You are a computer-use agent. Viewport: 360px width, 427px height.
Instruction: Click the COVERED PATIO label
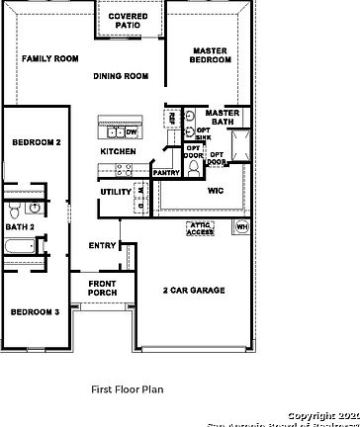129,22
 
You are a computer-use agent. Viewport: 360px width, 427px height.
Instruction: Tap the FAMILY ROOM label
49,59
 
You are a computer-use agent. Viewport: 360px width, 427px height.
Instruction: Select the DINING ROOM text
121,76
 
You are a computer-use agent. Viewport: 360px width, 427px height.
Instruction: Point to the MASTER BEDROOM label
211,55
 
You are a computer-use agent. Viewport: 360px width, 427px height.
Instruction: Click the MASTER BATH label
223,118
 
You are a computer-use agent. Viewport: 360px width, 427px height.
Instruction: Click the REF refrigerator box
172,118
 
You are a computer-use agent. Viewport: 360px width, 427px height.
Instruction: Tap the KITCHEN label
118,151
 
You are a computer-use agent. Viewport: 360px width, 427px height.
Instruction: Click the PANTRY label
166,173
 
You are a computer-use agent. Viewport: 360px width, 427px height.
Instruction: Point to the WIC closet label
215,191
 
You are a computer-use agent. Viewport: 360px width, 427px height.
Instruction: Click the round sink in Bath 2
35,208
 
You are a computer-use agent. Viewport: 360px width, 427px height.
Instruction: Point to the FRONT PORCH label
102,289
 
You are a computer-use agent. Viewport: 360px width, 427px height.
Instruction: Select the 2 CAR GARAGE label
194,291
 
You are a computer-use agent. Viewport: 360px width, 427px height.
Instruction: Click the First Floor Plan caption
127,389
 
